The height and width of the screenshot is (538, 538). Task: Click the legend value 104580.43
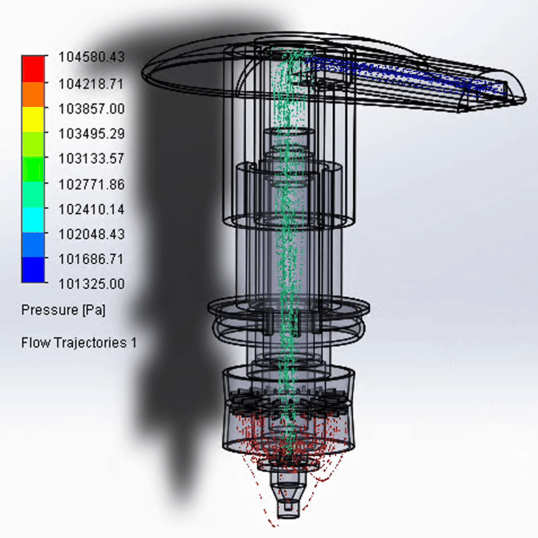(x=91, y=57)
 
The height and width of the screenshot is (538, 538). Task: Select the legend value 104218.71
(x=91, y=84)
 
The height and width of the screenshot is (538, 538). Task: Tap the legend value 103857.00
(x=91, y=109)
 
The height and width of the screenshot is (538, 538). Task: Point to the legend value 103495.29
(x=91, y=134)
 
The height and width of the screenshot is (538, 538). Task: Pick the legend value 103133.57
(x=91, y=159)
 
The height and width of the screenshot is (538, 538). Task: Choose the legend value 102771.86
(x=91, y=184)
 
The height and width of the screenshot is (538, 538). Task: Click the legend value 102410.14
(x=91, y=209)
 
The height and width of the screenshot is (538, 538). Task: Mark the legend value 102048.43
(x=91, y=234)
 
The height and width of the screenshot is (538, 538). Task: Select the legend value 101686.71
(x=91, y=260)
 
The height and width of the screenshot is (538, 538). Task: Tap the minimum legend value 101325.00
(x=91, y=284)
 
